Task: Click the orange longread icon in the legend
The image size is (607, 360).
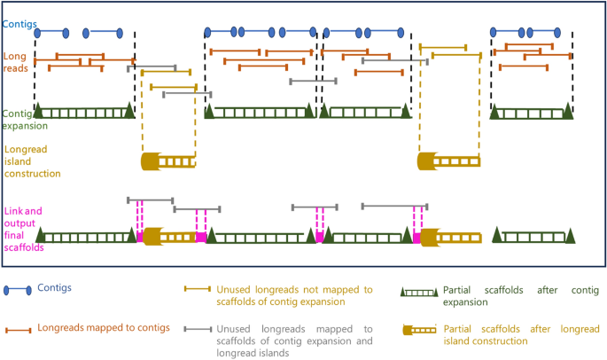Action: [x=18, y=329]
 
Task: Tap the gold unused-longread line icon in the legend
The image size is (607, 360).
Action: [x=197, y=290]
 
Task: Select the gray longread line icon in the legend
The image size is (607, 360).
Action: [x=197, y=329]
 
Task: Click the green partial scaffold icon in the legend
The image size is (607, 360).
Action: [x=419, y=291]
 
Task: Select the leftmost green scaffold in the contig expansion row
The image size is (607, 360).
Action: [x=85, y=112]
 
